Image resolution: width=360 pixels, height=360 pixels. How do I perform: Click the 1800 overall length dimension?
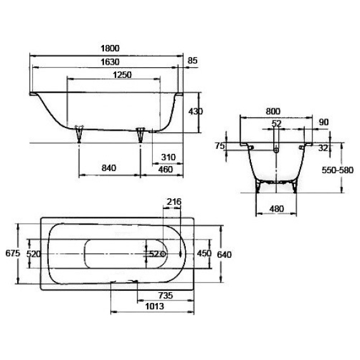point(110,48)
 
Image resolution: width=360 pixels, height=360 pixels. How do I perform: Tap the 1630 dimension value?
point(110,62)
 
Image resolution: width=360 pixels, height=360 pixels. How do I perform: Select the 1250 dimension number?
point(122,75)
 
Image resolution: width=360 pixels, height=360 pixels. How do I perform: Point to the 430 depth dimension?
point(196,112)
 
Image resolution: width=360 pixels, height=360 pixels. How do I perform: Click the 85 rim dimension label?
point(193,61)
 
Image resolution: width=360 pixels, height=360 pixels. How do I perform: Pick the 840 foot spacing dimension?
point(109,168)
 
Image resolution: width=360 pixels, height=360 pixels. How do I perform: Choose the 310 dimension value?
point(169,157)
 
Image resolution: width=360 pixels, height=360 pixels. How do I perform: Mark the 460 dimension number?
point(165,169)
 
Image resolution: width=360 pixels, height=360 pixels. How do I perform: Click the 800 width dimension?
point(273,112)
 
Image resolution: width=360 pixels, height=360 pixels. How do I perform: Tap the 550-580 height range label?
point(337,170)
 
